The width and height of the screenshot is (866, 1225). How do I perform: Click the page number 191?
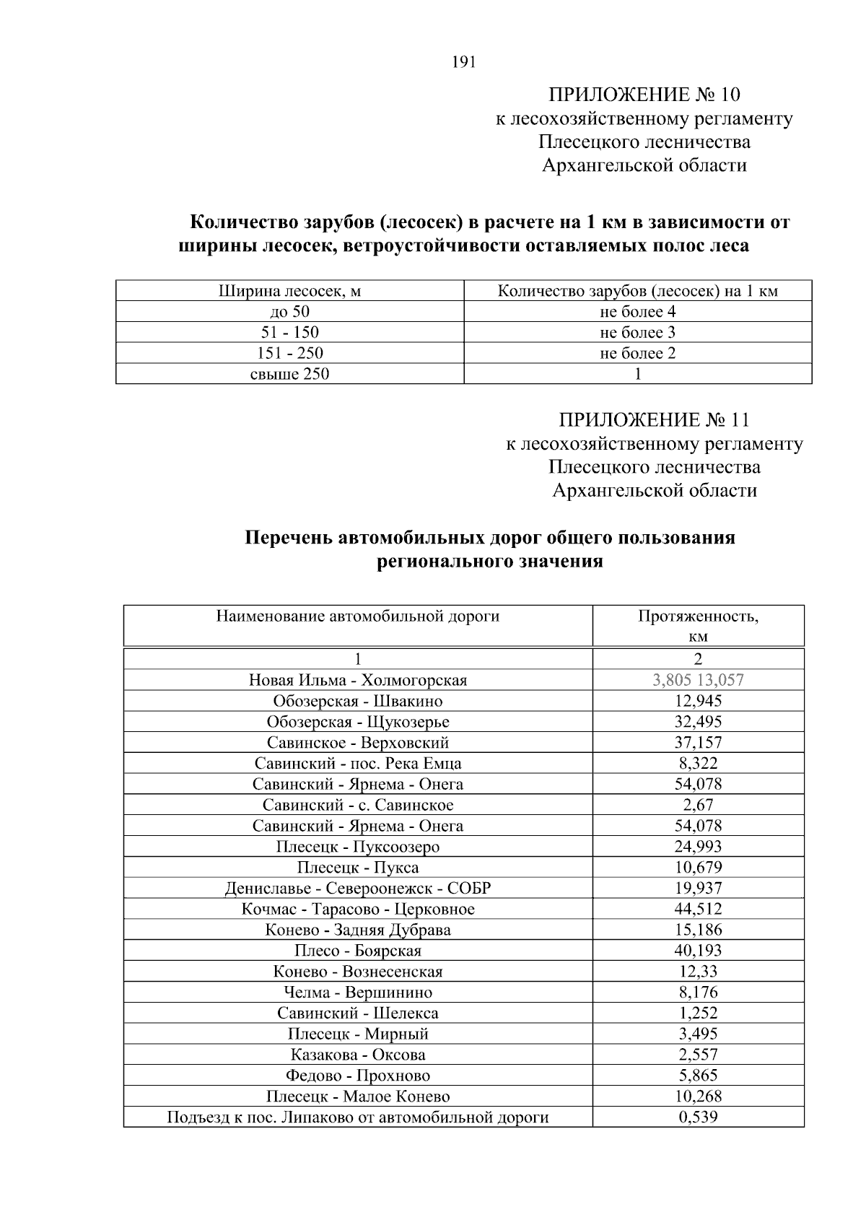pyautogui.click(x=463, y=62)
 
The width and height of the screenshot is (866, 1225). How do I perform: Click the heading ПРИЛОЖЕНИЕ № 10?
pyautogui.click(x=644, y=95)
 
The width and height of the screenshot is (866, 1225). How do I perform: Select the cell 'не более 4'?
pyautogui.click(x=637, y=312)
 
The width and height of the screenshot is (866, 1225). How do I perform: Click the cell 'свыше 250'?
pyautogui.click(x=289, y=374)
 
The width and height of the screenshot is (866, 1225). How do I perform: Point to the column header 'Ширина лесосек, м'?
pyautogui.click(x=289, y=292)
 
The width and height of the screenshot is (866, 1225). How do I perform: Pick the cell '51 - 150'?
pyautogui.click(x=289, y=333)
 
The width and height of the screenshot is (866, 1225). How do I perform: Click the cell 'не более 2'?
pyautogui.click(x=637, y=353)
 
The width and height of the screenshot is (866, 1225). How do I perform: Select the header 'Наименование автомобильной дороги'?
pyautogui.click(x=358, y=616)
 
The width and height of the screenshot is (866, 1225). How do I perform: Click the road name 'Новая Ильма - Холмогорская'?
pyautogui.click(x=358, y=680)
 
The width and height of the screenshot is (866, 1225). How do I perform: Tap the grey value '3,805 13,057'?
pyautogui.click(x=697, y=680)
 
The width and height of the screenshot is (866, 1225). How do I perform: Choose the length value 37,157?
pyautogui.click(x=697, y=742)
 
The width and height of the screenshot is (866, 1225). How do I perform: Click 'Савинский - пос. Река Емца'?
pyautogui.click(x=358, y=763)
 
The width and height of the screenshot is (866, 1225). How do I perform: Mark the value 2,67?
pyautogui.click(x=697, y=805)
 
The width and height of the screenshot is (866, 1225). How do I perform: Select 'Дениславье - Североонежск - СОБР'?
pyautogui.click(x=358, y=888)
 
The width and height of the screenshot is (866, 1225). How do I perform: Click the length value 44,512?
pyautogui.click(x=697, y=909)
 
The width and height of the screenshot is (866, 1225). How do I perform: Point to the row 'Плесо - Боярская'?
pyautogui.click(x=358, y=951)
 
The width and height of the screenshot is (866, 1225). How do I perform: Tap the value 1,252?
pyautogui.click(x=697, y=1013)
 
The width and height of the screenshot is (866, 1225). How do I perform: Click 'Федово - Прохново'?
pyautogui.click(x=358, y=1076)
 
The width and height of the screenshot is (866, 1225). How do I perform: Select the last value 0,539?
pyautogui.click(x=697, y=1117)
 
